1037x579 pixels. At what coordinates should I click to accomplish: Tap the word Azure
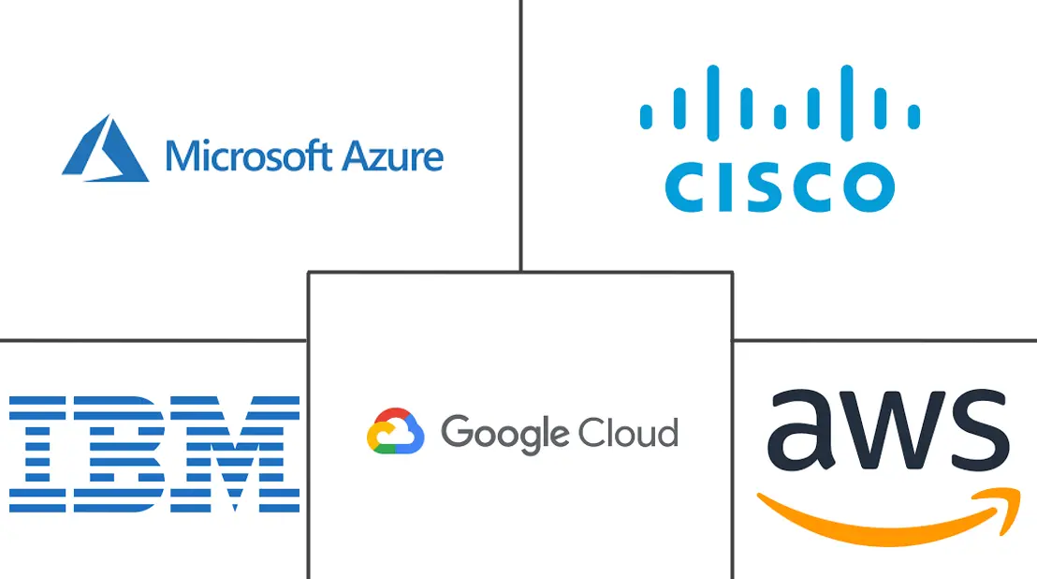tap(393, 156)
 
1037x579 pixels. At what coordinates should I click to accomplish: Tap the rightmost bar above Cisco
tap(915, 116)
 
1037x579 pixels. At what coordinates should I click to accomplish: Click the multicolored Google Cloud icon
tap(395, 433)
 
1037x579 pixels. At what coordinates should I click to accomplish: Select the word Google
tap(502, 434)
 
